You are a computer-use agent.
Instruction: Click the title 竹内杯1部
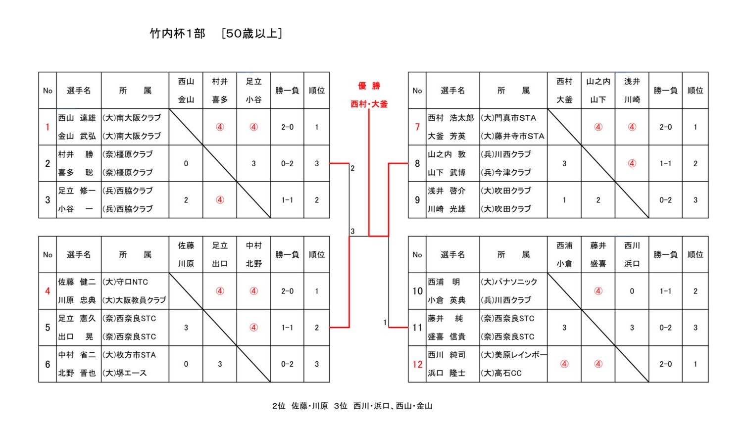tap(177, 34)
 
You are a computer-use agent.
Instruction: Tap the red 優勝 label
tap(369, 86)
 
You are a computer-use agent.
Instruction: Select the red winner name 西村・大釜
tap(369, 104)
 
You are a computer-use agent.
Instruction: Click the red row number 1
tap(48, 127)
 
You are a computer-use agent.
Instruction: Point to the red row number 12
tap(417, 364)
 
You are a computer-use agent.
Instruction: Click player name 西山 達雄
tap(77, 118)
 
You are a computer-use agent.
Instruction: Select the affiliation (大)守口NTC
tap(125, 282)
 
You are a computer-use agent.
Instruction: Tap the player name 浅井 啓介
tap(447, 191)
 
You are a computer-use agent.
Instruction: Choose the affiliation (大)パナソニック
tap(509, 282)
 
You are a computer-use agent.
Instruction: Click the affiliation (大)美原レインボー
tap(513, 355)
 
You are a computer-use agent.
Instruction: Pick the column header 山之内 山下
tap(598, 91)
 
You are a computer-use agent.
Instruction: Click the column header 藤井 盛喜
tap(598, 255)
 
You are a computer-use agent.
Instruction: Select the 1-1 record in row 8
tap(665, 163)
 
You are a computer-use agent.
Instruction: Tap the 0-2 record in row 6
tap(287, 364)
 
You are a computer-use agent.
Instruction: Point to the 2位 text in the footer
tap(278, 406)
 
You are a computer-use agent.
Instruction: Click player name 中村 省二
tap(77, 355)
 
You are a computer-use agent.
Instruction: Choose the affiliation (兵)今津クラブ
tap(505, 172)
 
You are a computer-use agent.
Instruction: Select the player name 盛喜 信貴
tap(447, 336)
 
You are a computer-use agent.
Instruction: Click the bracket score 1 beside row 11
tap(385, 322)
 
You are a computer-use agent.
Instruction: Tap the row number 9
tap(417, 200)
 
